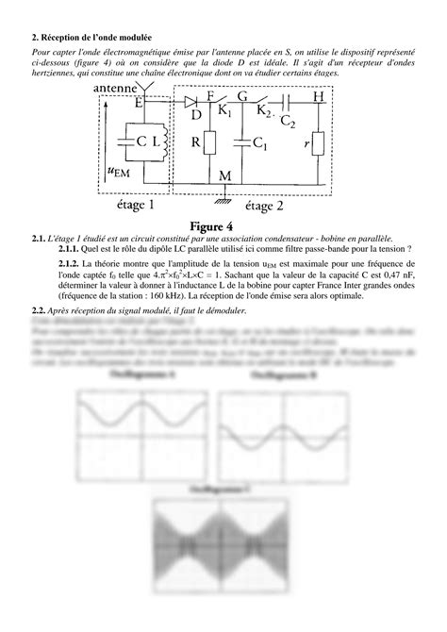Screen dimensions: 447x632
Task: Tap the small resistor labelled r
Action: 318,143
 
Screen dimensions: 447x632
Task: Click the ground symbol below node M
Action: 223,196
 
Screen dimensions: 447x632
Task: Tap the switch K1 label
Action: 223,110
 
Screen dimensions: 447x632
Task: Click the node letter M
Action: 223,175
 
